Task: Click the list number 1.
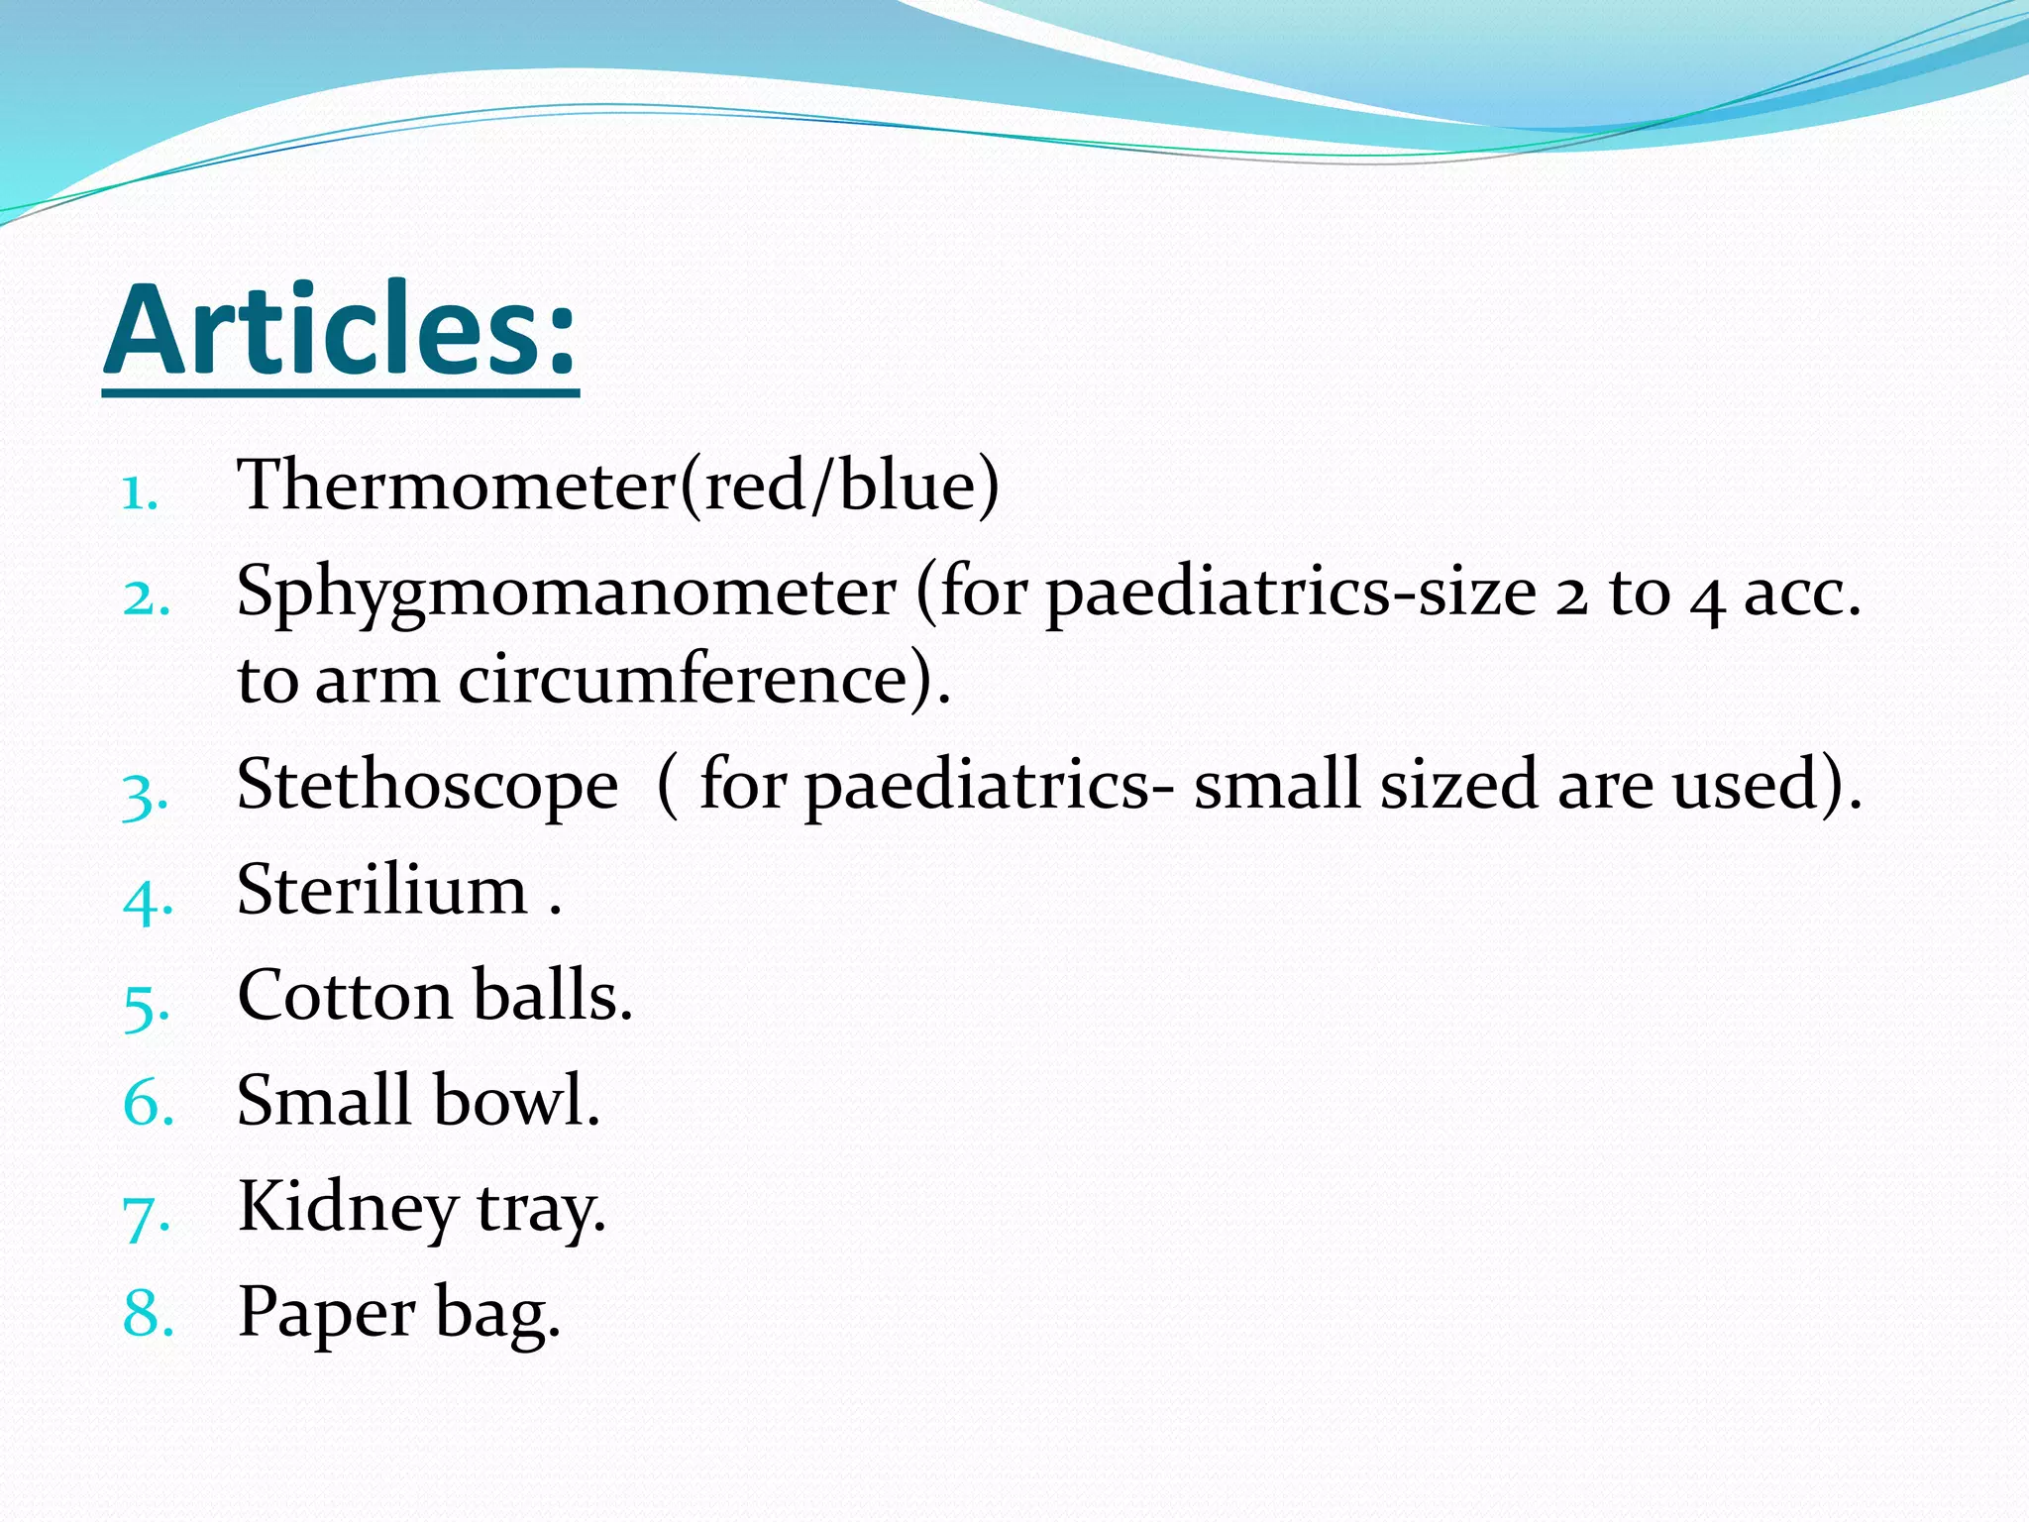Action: (140, 492)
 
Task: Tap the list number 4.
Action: (148, 899)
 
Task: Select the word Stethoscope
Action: (428, 786)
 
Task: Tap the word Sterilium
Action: (382, 889)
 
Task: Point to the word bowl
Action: (516, 1101)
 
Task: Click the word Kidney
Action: (348, 1209)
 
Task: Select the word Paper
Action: (326, 1314)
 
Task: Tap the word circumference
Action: (694, 681)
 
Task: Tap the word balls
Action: (552, 995)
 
